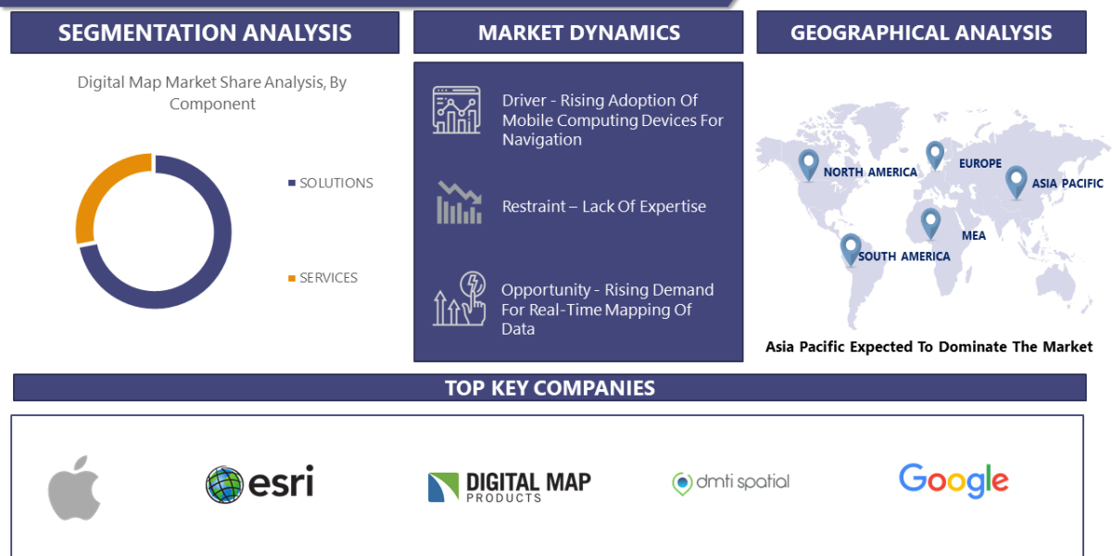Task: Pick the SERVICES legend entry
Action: click(327, 278)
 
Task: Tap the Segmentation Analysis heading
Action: click(205, 33)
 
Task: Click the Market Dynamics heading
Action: click(579, 33)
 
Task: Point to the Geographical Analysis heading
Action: click(921, 33)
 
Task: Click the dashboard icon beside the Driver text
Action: click(456, 110)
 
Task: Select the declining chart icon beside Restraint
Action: click(459, 203)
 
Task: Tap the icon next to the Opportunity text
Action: click(459, 298)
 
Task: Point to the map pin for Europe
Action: click(935, 156)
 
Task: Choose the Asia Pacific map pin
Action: click(1017, 181)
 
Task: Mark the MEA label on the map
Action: click(974, 235)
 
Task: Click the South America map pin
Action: click(850, 248)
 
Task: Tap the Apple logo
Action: click(74, 486)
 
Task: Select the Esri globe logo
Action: click(223, 484)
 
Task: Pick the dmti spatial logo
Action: click(731, 482)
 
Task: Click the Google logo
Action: click(954, 480)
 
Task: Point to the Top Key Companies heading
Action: click(550, 388)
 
